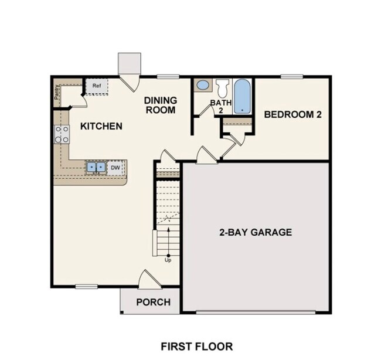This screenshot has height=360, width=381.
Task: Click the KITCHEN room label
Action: pos(101,126)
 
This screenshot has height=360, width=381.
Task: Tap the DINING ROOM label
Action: pos(160,105)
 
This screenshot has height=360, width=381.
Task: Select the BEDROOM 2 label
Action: pos(292,114)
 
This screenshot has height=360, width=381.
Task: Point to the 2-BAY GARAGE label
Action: pos(256,232)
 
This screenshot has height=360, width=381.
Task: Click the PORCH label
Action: pos(154,303)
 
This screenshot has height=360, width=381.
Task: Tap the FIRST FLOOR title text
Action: pos(196,346)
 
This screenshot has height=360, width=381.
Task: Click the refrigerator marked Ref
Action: pos(97,86)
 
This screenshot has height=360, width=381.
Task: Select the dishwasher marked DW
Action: pos(116,168)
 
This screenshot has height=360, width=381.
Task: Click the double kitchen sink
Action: pos(96,168)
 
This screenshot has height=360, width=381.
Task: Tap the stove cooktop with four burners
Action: pos(62,135)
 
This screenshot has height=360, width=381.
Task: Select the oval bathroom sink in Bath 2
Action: pos(203,85)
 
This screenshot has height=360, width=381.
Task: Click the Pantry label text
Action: pos(57,95)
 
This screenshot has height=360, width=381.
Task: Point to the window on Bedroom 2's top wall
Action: pos(291,76)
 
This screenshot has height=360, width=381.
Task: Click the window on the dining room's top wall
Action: pos(168,76)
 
